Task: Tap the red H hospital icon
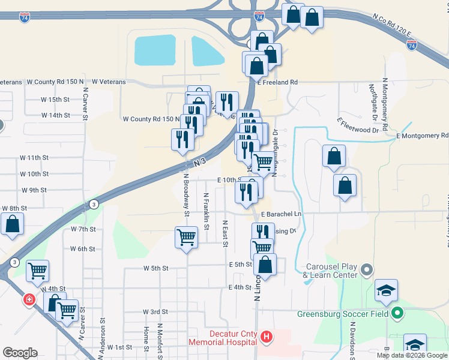(x=267, y=338)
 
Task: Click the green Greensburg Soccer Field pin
(x=397, y=313)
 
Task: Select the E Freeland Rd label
(x=277, y=82)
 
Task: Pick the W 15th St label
(x=55, y=99)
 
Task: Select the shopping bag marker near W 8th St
(x=13, y=224)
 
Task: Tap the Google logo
(x=20, y=353)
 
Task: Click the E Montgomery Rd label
(x=423, y=136)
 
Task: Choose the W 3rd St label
(x=155, y=312)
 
